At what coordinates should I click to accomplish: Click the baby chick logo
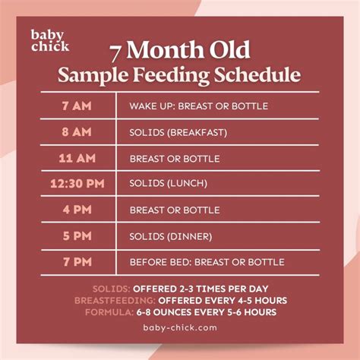(x=49, y=40)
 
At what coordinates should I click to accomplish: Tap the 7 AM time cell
(x=76, y=106)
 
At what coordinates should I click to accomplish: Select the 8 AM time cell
(x=76, y=131)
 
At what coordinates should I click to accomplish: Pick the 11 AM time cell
(x=76, y=158)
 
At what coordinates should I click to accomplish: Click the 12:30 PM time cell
(x=76, y=184)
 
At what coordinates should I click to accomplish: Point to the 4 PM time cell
(x=76, y=210)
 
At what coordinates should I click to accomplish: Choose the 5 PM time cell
(x=76, y=236)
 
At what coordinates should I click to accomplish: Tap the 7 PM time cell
(x=76, y=262)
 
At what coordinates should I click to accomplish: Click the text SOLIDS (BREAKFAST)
(x=178, y=132)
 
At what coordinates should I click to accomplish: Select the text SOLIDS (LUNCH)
(x=169, y=184)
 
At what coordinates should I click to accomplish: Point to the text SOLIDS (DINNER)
(x=170, y=236)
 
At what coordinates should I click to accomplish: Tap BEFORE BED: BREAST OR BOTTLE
(x=207, y=262)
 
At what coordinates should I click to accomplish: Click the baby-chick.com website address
(x=180, y=328)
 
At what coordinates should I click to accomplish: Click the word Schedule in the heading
(x=263, y=75)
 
